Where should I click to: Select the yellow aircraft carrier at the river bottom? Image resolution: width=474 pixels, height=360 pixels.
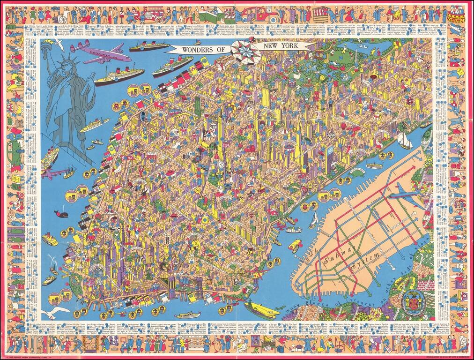(263, 309)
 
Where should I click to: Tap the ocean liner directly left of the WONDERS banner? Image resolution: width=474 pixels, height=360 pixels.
(148, 46)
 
